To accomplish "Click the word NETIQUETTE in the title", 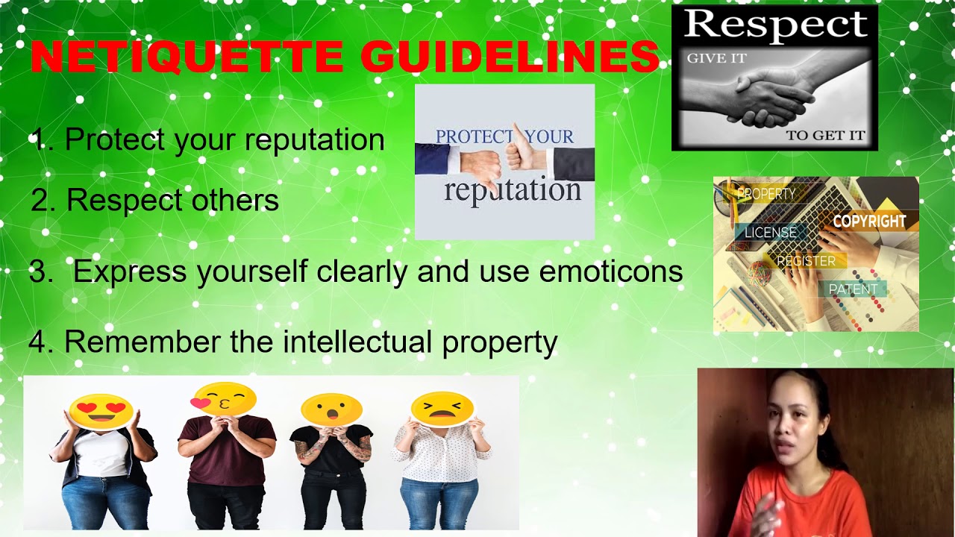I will click(x=187, y=57).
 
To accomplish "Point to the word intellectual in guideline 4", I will click(x=359, y=342).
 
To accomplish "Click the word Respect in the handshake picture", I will click(x=776, y=25).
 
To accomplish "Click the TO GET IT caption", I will click(x=825, y=136).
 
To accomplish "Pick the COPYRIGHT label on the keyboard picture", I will click(x=869, y=222).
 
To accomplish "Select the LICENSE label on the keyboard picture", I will click(x=770, y=233).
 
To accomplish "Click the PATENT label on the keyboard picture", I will click(x=853, y=289).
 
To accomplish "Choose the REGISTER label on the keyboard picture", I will click(x=806, y=261).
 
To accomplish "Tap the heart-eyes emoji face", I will click(x=101, y=410).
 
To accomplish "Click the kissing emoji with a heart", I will click(x=224, y=400).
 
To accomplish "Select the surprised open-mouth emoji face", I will click(x=331, y=409).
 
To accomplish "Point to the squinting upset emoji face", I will click(x=442, y=408).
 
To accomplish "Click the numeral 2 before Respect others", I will click(x=40, y=200).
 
